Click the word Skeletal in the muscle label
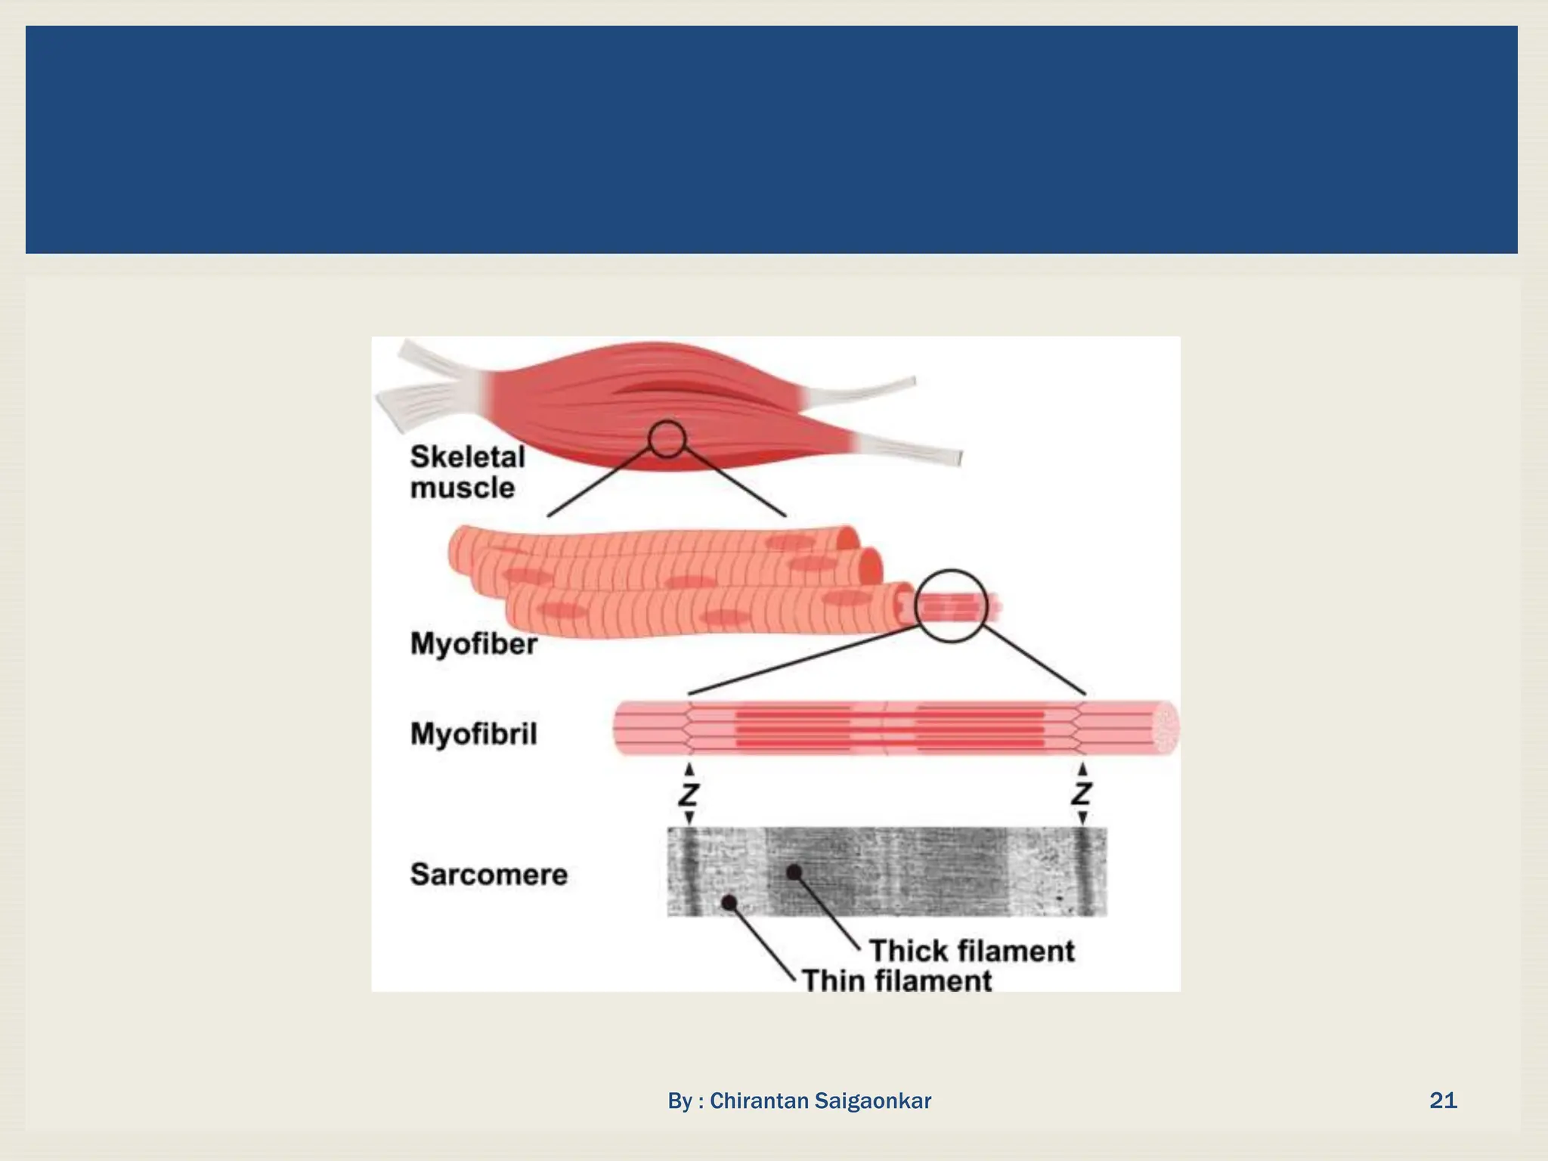[467, 457]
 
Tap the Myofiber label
[473, 644]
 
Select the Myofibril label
[473, 734]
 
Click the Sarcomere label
[488, 875]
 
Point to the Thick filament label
[971, 951]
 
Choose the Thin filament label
[896, 981]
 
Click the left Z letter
[689, 794]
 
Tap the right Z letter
[1082, 794]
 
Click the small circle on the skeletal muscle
[667, 439]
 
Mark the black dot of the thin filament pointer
[729, 902]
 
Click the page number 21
[1443, 1100]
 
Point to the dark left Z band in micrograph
[688, 872]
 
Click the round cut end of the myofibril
[1166, 728]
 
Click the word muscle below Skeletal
[462, 488]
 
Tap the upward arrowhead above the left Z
[689, 769]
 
